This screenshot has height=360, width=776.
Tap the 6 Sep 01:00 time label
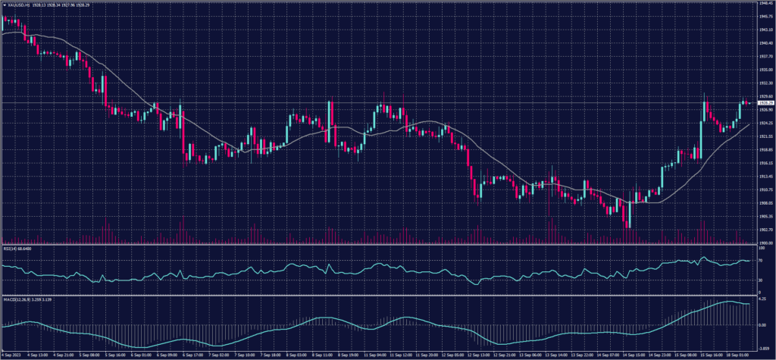142,354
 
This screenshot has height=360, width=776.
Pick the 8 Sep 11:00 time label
325,354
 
